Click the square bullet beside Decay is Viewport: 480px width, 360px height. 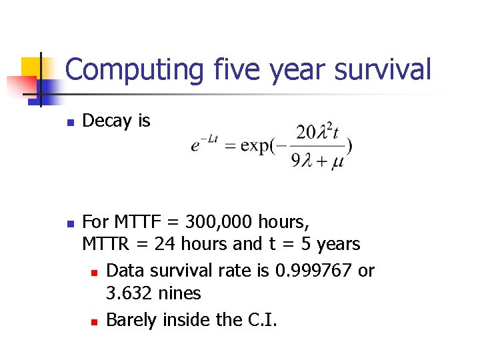click(69, 122)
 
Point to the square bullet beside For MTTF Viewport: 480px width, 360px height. click(69, 221)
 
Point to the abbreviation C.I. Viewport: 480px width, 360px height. click(258, 320)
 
